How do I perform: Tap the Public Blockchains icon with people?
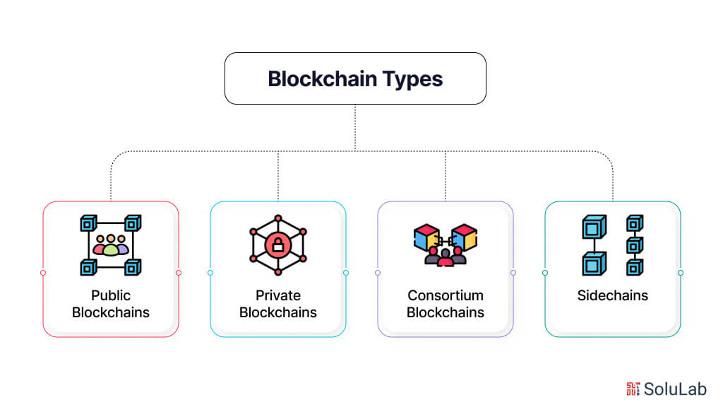111,245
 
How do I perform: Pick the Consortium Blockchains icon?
446,245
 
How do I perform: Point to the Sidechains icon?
612,245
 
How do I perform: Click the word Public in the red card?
111,295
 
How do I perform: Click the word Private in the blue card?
278,295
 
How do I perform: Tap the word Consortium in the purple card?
446,295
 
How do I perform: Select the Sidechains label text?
612,295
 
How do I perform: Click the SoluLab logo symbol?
633,388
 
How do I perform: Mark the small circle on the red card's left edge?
43,273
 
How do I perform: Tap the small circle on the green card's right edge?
681,273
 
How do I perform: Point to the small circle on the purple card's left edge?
378,273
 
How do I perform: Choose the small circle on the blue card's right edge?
346,273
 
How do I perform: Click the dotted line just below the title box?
355,127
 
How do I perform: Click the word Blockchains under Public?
111,312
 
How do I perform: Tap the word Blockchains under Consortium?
446,312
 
